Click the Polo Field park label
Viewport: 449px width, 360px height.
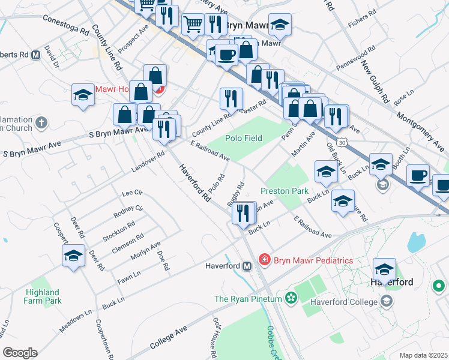[x=244, y=138]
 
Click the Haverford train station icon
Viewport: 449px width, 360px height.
[x=247, y=266]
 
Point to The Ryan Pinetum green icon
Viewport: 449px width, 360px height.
[x=291, y=298]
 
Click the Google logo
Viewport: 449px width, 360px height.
[x=20, y=353]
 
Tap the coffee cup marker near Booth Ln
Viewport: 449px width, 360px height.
[x=418, y=175]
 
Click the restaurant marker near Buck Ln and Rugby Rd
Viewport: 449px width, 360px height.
[x=243, y=213]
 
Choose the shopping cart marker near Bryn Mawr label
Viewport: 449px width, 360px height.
[x=192, y=25]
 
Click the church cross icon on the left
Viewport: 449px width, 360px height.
[x=41, y=123]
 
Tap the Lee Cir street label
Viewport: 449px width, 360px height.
[x=131, y=193]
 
